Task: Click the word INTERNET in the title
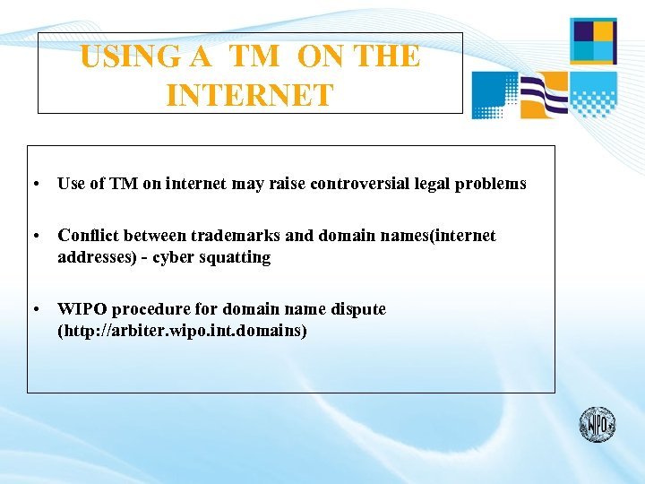[249, 95]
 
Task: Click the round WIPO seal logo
[598, 424]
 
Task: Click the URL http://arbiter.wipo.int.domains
[182, 331]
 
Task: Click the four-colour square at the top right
[593, 40]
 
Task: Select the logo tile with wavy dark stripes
[545, 95]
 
